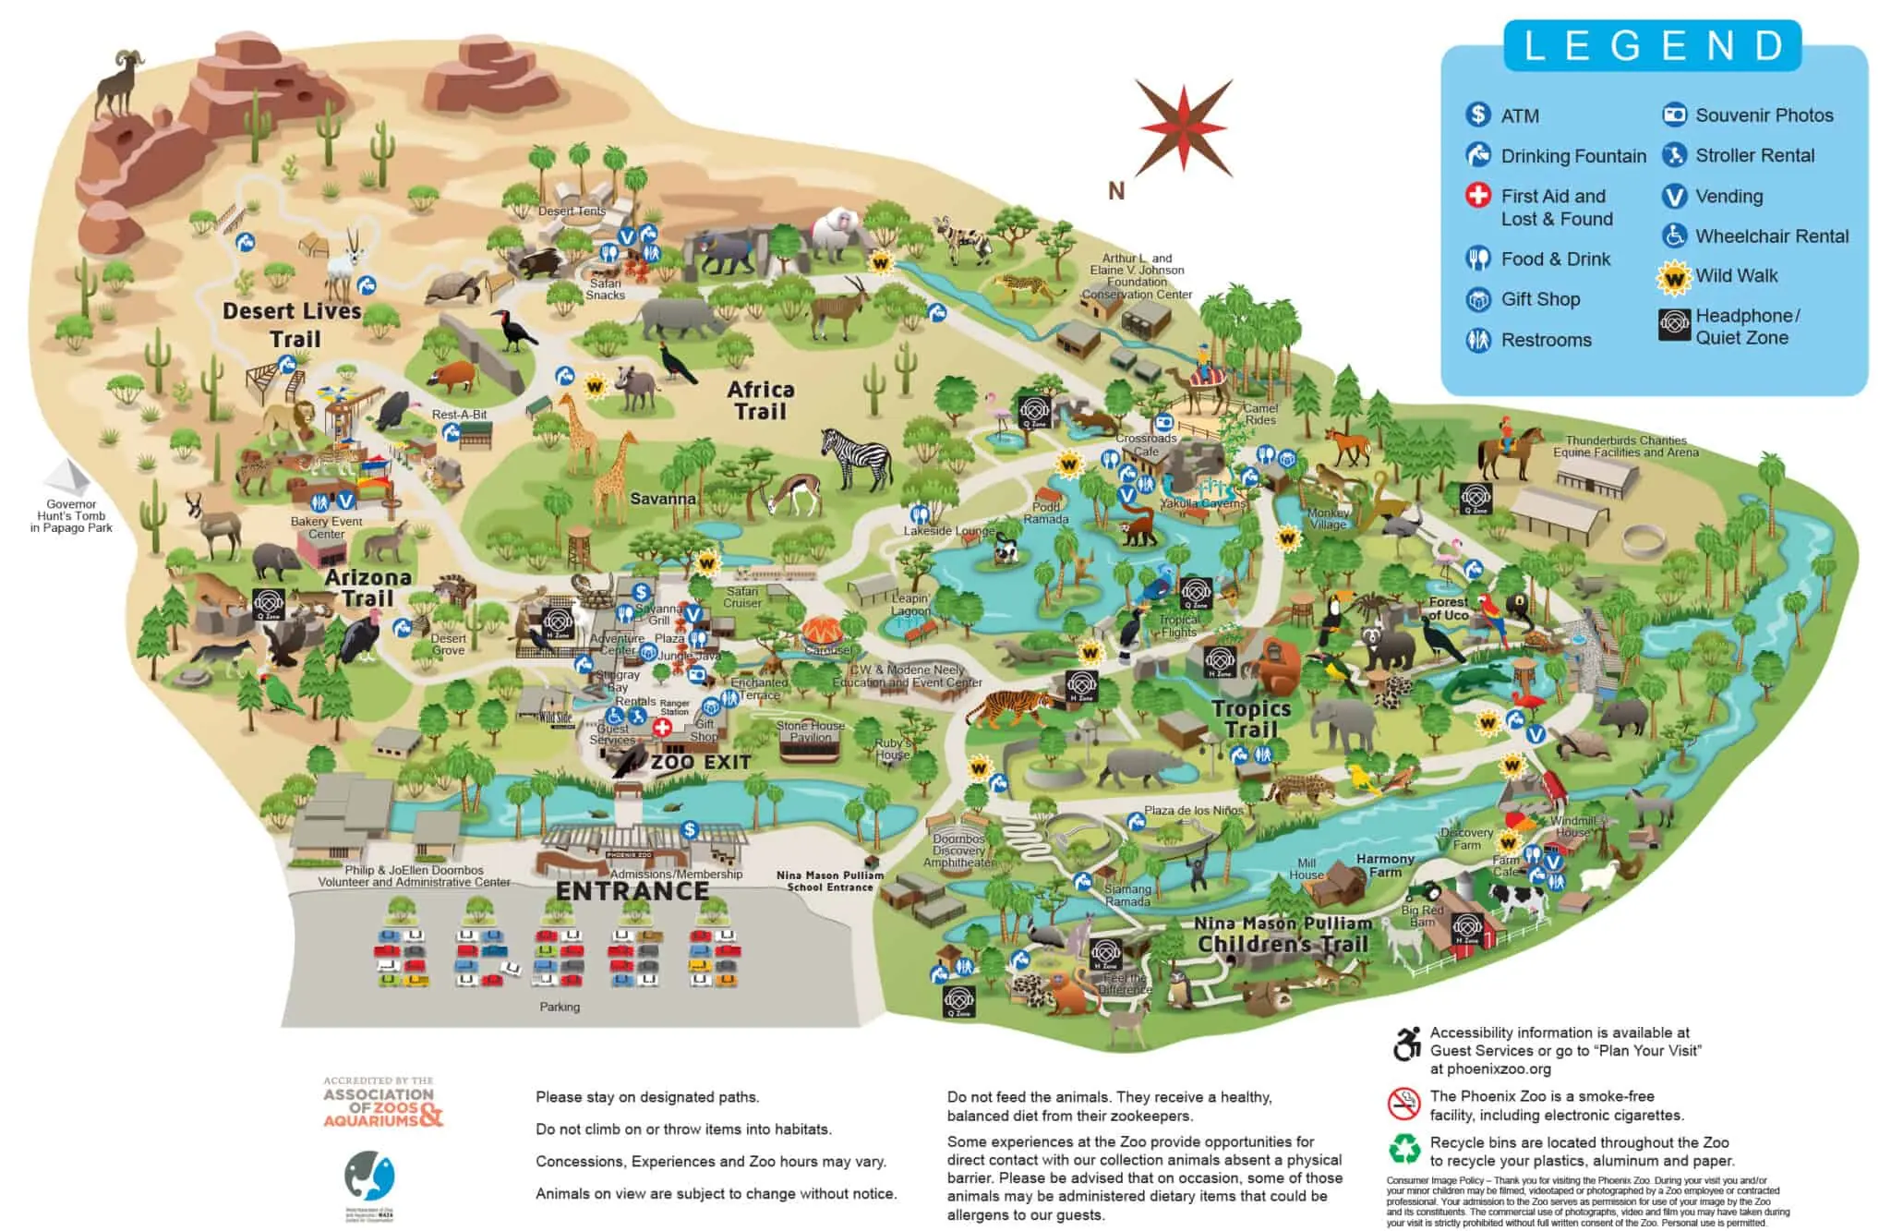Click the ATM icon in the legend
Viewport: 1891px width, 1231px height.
[x=1478, y=115]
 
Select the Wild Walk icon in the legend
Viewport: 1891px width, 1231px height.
[x=1673, y=276]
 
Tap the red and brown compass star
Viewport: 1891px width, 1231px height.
[x=1184, y=127]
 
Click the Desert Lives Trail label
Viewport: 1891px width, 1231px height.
[x=292, y=324]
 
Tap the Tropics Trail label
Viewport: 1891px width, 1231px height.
[x=1251, y=719]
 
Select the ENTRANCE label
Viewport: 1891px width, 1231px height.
[x=632, y=891]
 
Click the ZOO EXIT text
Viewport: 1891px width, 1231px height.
[x=701, y=763]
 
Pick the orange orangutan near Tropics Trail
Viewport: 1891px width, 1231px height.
[x=1280, y=665]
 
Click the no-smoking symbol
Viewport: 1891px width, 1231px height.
[x=1403, y=1104]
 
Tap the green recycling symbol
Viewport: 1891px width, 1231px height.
[x=1404, y=1149]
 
